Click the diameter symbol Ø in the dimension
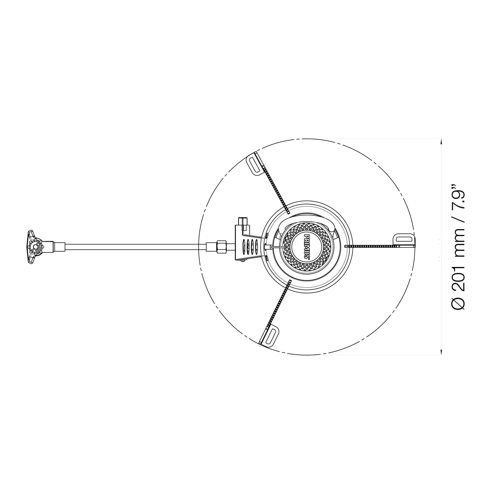pyautogui.click(x=459, y=303)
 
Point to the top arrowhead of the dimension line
pyautogui.click(x=441, y=142)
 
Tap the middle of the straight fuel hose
pyautogui.click(x=136, y=247)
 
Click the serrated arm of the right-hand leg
pyautogui.click(x=372, y=246)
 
